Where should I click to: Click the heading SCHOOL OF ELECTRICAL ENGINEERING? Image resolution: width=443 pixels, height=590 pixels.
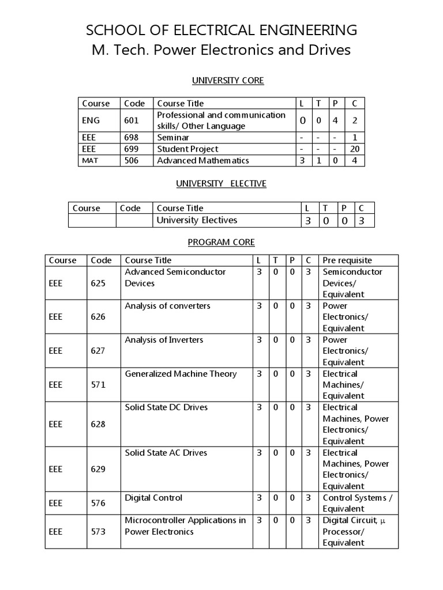pyautogui.click(x=221, y=30)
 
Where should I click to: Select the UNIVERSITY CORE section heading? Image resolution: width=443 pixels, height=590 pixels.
pyautogui.click(x=221, y=81)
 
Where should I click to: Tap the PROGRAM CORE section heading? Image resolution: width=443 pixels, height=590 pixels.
pyautogui.click(x=221, y=243)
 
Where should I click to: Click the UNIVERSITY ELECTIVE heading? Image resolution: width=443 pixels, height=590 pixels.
pyautogui.click(x=221, y=184)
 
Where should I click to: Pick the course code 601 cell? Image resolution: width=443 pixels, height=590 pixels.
pyautogui.click(x=132, y=120)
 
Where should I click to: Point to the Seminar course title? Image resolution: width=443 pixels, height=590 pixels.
pyautogui.click(x=173, y=138)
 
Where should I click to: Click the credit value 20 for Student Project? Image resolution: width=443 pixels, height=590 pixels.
pyautogui.click(x=355, y=149)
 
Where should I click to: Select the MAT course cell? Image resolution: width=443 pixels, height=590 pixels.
pyautogui.click(x=90, y=161)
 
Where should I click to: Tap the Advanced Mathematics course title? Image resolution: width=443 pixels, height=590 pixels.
pyautogui.click(x=203, y=161)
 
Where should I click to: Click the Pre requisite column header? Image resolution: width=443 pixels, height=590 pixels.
pyautogui.click(x=347, y=260)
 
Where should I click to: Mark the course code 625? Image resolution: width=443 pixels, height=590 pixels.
pyautogui.click(x=98, y=283)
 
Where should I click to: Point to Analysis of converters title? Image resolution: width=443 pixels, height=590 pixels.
pyautogui.click(x=167, y=306)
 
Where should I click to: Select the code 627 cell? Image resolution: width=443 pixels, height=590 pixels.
pyautogui.click(x=98, y=351)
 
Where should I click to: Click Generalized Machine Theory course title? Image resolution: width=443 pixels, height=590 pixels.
pyautogui.click(x=181, y=374)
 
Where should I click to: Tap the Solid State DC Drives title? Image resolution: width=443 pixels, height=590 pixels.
pyautogui.click(x=166, y=407)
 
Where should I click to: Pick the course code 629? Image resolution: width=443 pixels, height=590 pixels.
pyautogui.click(x=98, y=469)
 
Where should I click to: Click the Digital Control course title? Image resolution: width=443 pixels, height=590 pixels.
pyautogui.click(x=153, y=498)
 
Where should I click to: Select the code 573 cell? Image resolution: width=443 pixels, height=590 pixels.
pyautogui.click(x=98, y=531)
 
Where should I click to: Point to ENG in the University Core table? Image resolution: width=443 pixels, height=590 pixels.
pyautogui.click(x=91, y=120)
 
